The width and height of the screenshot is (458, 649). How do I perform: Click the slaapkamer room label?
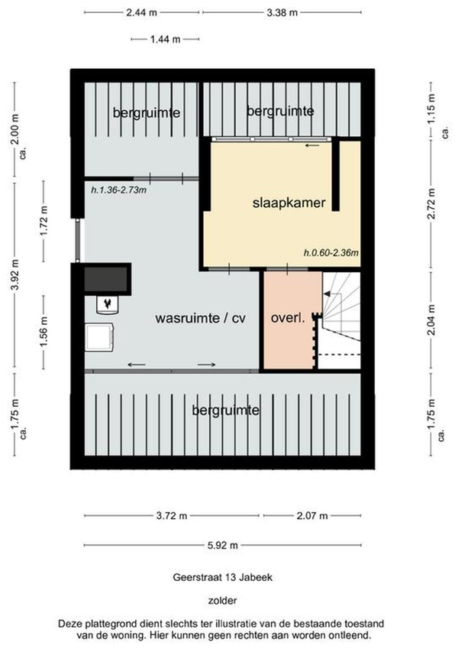289,203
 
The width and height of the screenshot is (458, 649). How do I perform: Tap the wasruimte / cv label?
201,318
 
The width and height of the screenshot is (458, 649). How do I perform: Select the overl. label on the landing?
288,318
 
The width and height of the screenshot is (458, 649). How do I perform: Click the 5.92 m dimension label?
222,545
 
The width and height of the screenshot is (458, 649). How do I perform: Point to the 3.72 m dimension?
172,516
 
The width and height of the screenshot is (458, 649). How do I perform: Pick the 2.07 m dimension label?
312,516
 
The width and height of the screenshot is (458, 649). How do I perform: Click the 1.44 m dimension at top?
166,39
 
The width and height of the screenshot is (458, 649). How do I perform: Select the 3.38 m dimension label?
282,12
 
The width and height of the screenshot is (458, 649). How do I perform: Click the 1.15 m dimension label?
431,109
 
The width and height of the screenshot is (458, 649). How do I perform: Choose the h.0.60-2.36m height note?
331,252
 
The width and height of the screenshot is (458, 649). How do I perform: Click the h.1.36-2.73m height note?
118,190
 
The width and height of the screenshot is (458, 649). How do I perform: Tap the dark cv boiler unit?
108,279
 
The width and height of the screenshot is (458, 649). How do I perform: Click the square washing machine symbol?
100,337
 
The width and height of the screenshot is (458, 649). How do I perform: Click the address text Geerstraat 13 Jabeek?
222,577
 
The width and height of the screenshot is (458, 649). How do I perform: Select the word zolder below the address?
222,600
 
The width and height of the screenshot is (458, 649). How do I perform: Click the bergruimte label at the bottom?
226,410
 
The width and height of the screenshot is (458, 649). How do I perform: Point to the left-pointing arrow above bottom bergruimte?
137,365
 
